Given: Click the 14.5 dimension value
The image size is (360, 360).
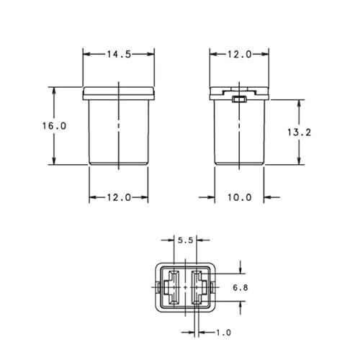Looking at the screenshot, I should [119, 54].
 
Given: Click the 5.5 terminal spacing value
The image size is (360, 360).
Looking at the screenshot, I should [185, 241].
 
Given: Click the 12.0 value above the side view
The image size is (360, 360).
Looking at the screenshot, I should [239, 54].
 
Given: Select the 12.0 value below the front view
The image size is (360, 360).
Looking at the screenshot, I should [119, 197].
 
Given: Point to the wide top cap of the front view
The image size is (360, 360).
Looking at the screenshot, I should [119, 93].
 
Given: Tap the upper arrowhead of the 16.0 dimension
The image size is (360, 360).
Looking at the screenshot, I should [54, 90].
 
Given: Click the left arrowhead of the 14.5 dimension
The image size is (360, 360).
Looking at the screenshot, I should [86, 54].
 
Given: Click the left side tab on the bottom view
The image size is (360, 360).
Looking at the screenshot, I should [156, 287].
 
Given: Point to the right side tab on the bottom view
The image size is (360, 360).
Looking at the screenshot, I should [216, 287].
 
